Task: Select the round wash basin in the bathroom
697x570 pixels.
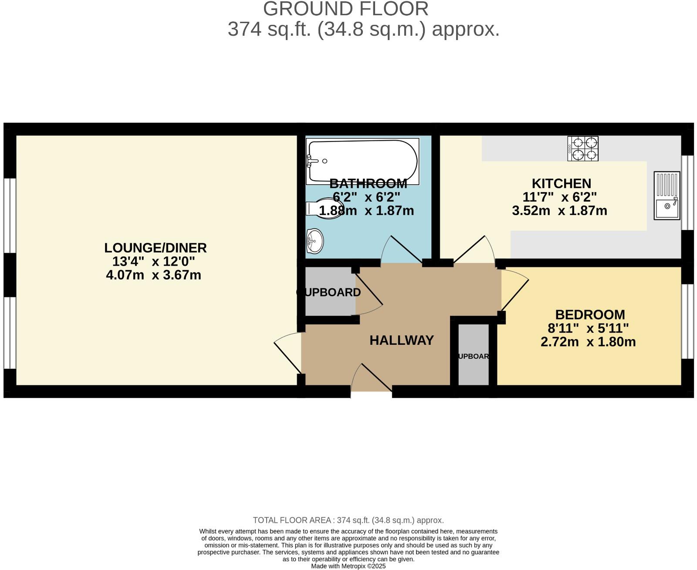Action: click(315, 241)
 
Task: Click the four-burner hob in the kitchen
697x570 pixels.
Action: click(583, 148)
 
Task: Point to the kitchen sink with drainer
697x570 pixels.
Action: click(667, 195)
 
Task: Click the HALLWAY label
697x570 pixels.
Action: click(402, 340)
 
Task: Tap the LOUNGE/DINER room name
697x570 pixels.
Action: click(155, 248)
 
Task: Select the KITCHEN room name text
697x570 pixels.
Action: click(561, 183)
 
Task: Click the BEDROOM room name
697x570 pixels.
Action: click(590, 314)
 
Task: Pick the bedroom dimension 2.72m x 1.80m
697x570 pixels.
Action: click(588, 342)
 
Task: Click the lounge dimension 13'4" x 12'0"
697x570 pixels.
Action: click(153, 261)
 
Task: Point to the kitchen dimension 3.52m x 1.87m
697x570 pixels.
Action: click(559, 211)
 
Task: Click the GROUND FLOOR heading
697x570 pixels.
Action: click(345, 9)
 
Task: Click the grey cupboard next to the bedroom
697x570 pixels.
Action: click(474, 355)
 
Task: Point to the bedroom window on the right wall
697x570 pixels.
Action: click(687, 321)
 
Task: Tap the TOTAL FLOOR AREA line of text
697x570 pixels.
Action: click(348, 520)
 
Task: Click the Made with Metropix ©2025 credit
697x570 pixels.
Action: click(348, 566)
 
